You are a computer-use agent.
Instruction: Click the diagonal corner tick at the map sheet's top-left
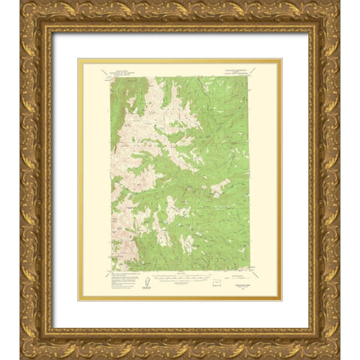pyautogui.click(x=85, y=67)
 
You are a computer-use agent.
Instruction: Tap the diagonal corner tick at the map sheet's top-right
pyautogui.click(x=274, y=67)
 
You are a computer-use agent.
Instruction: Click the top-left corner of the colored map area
pyautogui.click(x=111, y=76)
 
